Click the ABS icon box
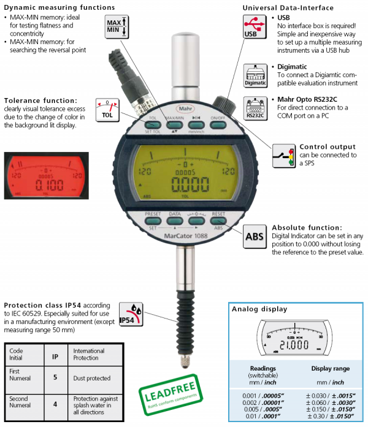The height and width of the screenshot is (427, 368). [x=255, y=236]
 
